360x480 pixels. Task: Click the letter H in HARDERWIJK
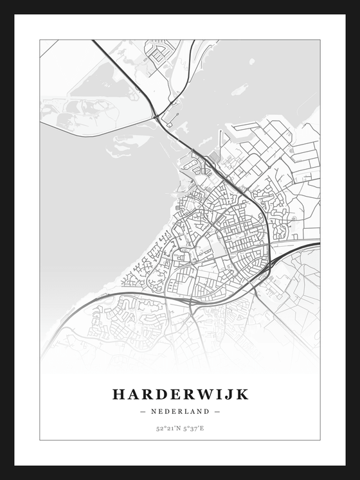point(119,394)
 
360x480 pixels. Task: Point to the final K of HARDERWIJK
point(241,394)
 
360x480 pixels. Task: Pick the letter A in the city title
point(134,394)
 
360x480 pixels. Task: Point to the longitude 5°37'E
point(193,428)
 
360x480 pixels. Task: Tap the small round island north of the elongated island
point(251,62)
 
